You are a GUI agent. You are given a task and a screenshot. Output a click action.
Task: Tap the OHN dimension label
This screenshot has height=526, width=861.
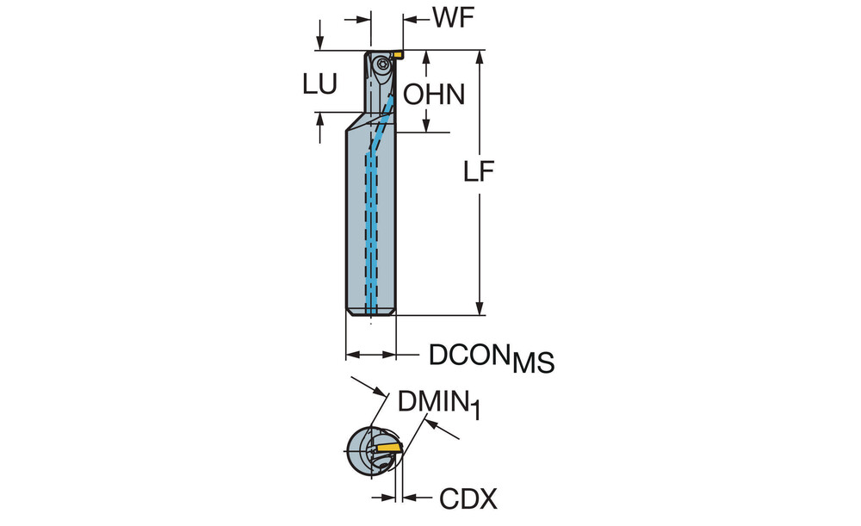coord(435,94)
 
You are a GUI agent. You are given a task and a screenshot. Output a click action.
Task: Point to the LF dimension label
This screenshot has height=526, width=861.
coord(479,173)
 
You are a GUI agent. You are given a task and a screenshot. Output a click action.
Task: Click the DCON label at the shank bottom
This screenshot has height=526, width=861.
coord(468,354)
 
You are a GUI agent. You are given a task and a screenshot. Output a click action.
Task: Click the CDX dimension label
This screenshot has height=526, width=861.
coord(468,497)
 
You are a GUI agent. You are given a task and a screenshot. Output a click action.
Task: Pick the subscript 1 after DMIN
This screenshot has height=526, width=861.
coord(474,411)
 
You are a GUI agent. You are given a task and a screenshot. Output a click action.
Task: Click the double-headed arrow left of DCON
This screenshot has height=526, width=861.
coord(370,354)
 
